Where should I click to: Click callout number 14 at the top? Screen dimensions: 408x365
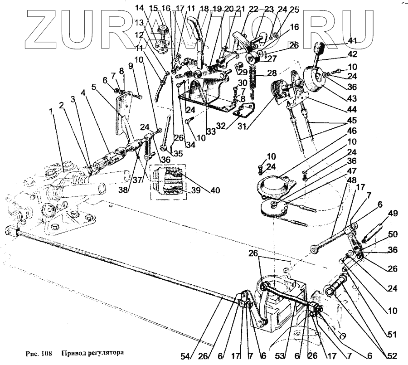(x=138, y=8)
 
